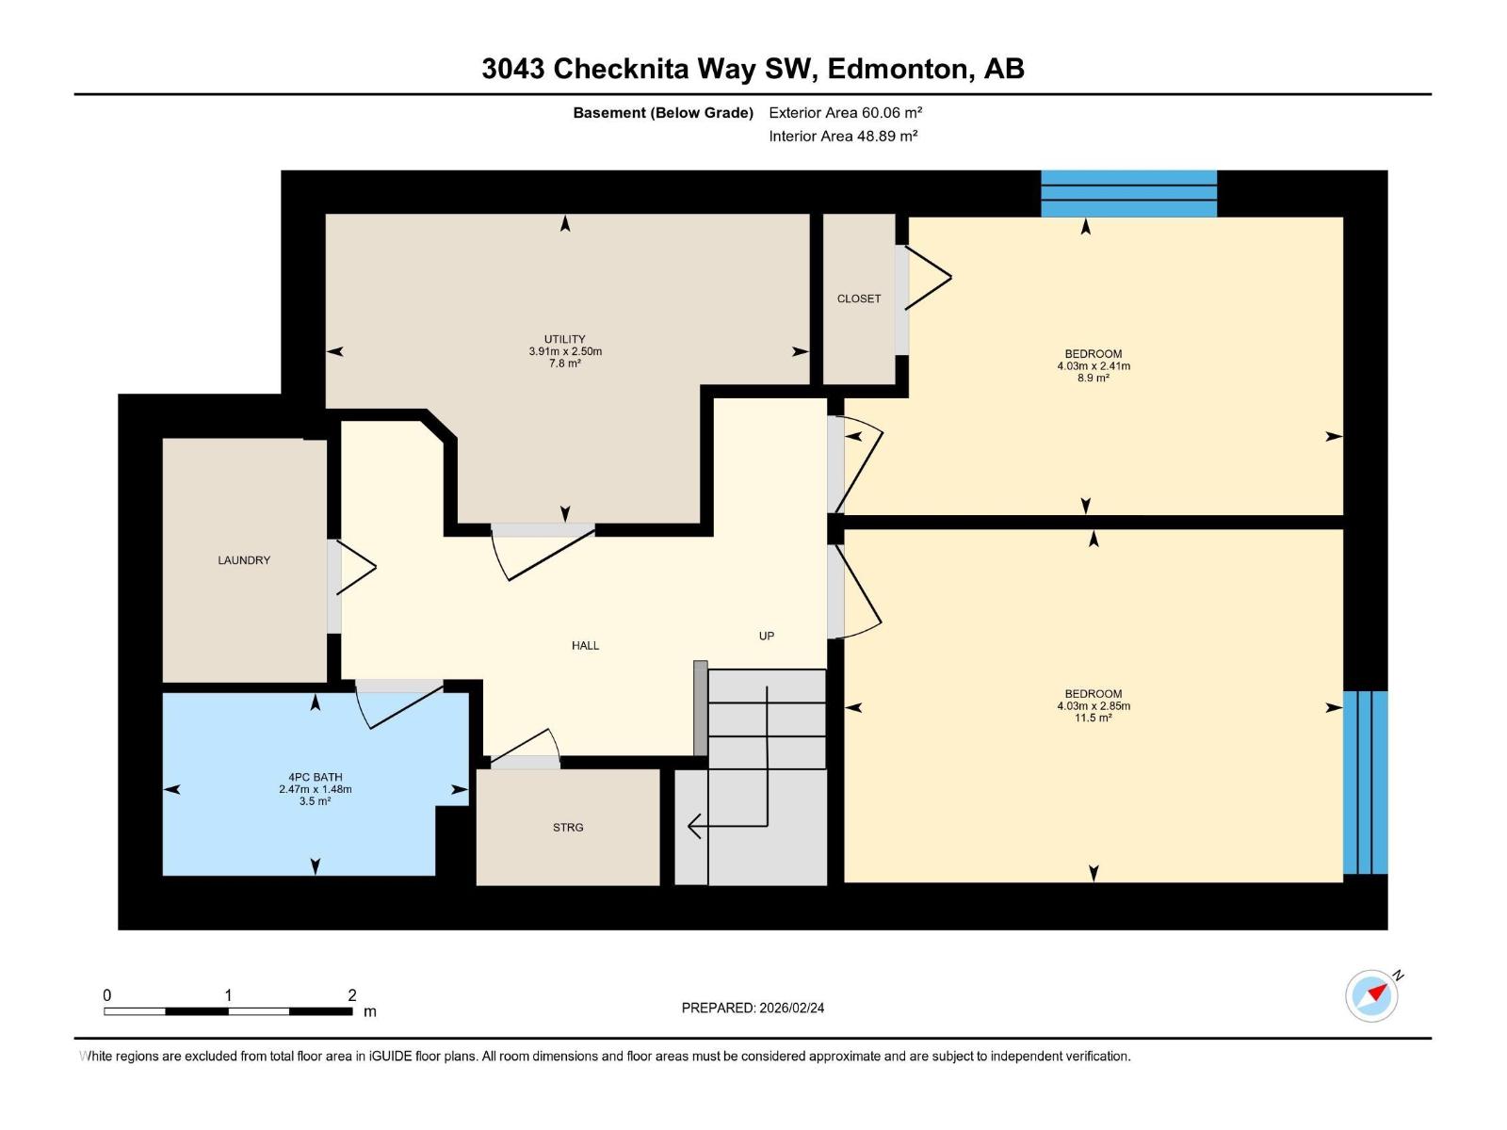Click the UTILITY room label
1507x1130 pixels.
click(564, 339)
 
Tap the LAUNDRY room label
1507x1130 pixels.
click(244, 560)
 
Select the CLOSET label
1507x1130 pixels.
click(858, 299)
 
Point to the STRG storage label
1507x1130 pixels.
click(568, 828)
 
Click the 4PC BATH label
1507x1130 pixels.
click(316, 777)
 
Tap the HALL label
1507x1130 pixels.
click(585, 645)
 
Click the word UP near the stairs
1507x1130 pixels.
click(766, 636)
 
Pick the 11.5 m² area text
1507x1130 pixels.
click(1093, 718)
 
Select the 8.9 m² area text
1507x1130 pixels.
click(1093, 378)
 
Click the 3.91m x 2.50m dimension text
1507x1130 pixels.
click(564, 351)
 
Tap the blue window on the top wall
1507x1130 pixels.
click(1128, 193)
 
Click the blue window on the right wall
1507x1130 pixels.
click(1365, 783)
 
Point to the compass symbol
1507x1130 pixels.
click(1371, 995)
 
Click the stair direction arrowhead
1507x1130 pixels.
click(694, 826)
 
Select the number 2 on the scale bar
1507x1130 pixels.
click(352, 994)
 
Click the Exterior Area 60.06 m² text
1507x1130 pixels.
click(845, 112)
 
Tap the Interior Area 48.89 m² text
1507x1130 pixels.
click(843, 136)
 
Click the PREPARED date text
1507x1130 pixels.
click(753, 1008)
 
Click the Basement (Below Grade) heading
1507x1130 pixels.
click(663, 112)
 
